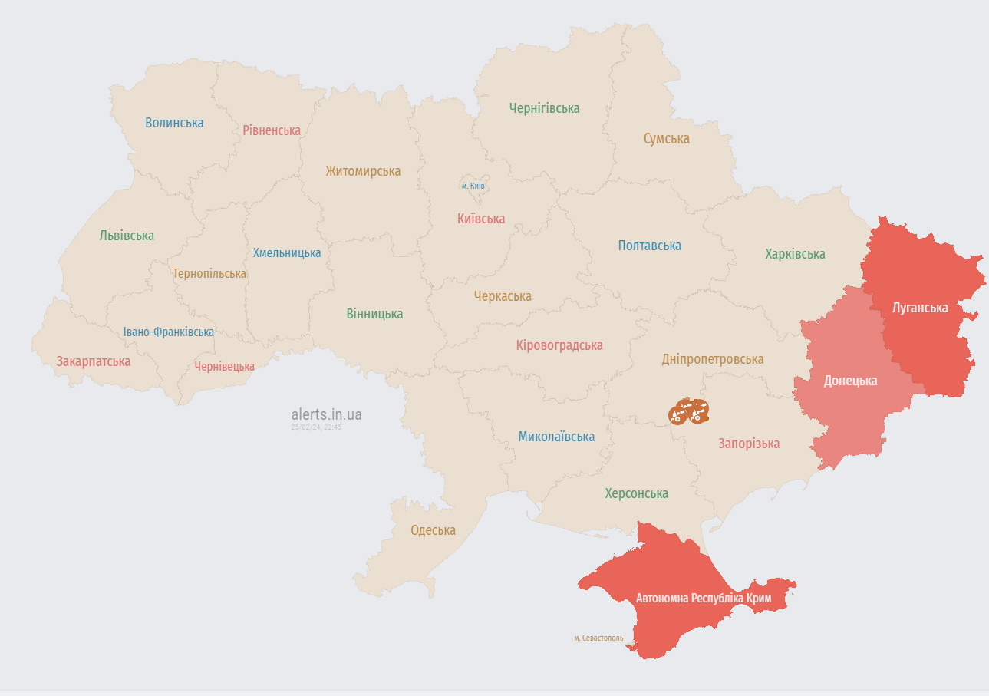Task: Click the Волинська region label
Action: point(174,123)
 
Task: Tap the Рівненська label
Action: point(272,130)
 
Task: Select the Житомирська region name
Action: point(363,171)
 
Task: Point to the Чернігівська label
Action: point(544,108)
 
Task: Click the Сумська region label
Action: point(666,139)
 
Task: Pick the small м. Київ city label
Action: point(473,186)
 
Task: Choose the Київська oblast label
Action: point(481,219)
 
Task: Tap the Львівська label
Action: point(127,236)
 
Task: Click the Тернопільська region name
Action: point(209,273)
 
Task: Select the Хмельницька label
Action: point(287,252)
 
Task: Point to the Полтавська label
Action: point(649,246)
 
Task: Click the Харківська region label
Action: point(795,254)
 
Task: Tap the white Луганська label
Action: point(920,308)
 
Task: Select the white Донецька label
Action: point(850,381)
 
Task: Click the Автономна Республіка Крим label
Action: point(703,598)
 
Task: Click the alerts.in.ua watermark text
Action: point(326,414)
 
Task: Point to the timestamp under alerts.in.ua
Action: point(316,427)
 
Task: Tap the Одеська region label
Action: point(433,530)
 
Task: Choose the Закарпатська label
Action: point(94,361)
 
